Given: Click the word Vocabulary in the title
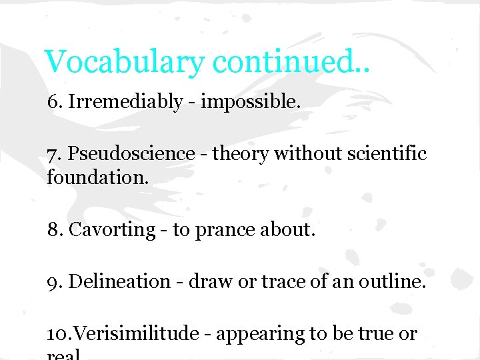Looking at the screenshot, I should [125, 62].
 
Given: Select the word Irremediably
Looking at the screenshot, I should [125, 102].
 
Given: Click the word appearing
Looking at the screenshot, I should [257, 334].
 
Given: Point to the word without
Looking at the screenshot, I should [305, 154].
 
